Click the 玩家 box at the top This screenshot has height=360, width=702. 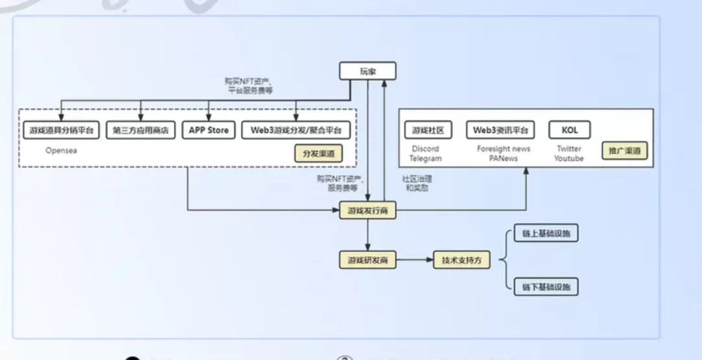click(367, 71)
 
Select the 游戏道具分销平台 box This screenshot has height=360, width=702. click(61, 130)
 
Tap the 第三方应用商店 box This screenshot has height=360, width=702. click(140, 130)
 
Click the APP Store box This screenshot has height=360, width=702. click(209, 130)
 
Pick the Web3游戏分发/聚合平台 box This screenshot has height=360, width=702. click(296, 130)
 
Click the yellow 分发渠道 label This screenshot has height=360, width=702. click(318, 155)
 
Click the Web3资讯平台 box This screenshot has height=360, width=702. click(500, 130)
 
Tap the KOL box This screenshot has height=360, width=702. click(569, 130)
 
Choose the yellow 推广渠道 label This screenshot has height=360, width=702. click(624, 151)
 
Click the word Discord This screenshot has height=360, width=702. click(426, 149)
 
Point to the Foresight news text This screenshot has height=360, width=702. click(503, 149)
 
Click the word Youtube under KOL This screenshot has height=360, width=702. click(569, 158)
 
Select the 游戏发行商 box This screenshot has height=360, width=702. click(367, 211)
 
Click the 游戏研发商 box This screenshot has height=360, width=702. click(367, 261)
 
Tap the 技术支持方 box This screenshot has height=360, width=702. click(461, 261)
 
